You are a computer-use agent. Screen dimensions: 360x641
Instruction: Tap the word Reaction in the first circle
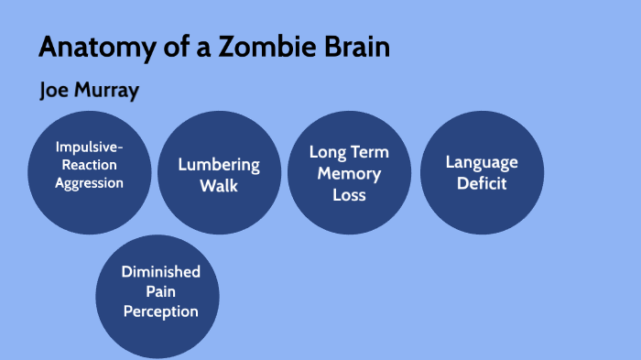click(x=89, y=165)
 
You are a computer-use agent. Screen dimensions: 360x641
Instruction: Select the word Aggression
click(x=89, y=182)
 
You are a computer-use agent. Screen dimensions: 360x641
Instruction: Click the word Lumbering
click(x=220, y=166)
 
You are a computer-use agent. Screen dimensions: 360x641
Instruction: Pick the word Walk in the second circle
click(x=220, y=186)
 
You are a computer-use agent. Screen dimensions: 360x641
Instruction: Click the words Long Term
click(x=349, y=152)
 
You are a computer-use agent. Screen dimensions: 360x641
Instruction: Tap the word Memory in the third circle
click(x=349, y=173)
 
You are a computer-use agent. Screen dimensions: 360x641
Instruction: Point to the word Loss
click(x=349, y=194)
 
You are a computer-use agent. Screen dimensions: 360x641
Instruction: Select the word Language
click(x=482, y=163)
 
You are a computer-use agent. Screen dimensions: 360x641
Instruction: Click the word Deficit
click(x=482, y=183)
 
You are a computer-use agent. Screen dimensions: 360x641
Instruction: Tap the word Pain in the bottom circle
click(x=160, y=291)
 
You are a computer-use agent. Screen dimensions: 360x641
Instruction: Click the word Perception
click(x=160, y=311)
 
